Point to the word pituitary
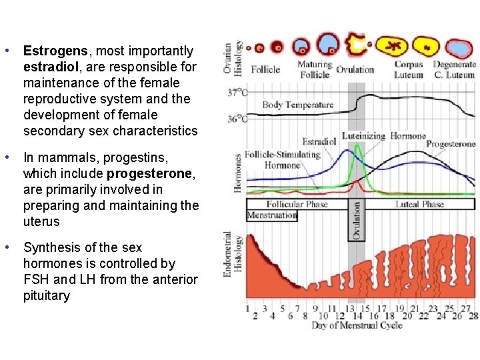(46, 295)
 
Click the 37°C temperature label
(237, 93)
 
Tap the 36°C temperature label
(237, 119)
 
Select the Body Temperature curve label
(297, 105)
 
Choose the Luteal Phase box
(420, 204)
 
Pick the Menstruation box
(271, 215)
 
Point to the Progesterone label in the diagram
(451, 144)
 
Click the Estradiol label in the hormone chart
(319, 142)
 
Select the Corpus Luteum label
(409, 70)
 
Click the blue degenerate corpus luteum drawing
(457, 47)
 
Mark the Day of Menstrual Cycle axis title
(357, 325)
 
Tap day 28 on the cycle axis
(474, 315)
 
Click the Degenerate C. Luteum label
(455, 70)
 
